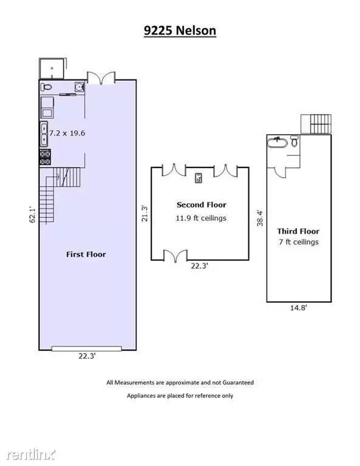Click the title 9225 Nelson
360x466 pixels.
point(180,30)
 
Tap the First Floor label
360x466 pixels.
point(86,254)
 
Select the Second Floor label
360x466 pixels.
point(202,204)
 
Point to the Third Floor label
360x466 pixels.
point(298,231)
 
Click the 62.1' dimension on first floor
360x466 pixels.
point(32,215)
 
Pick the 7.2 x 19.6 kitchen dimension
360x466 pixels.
point(67,133)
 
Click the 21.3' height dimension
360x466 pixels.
point(144,214)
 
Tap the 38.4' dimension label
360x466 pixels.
point(260,218)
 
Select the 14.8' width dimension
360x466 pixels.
point(299,308)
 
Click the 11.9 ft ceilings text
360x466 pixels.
point(201,218)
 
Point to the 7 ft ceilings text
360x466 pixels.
point(299,242)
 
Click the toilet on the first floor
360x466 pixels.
point(46,87)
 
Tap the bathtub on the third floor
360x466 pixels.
point(277,143)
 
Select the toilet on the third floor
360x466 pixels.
point(294,141)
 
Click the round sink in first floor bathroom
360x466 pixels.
point(80,87)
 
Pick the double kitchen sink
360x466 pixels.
point(44,134)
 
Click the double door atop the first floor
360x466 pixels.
point(101,78)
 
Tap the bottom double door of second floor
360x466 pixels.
point(175,256)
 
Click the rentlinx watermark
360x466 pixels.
point(31,454)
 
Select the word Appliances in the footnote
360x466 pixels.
point(140,396)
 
